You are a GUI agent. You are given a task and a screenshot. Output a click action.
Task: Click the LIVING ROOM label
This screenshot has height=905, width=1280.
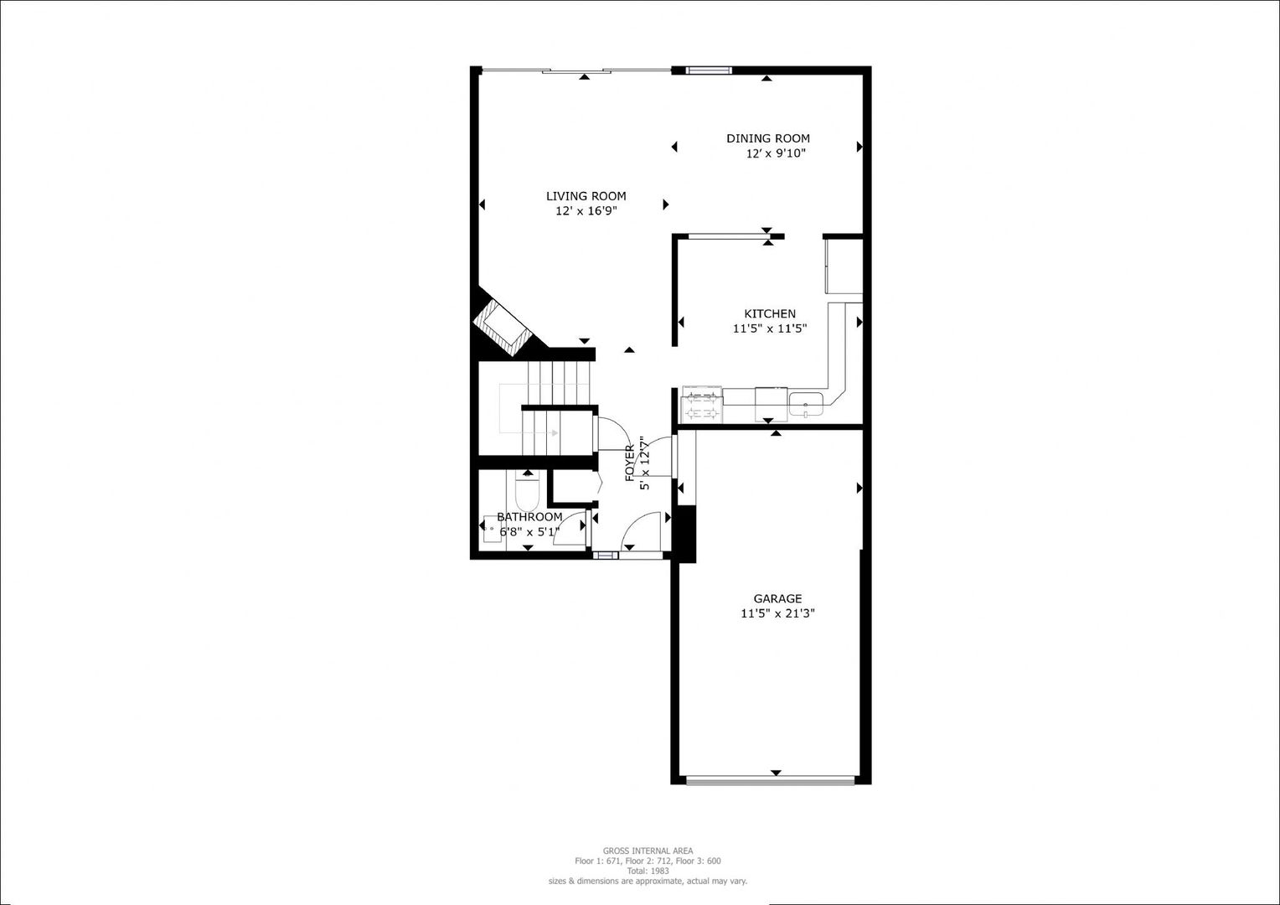pyautogui.click(x=586, y=196)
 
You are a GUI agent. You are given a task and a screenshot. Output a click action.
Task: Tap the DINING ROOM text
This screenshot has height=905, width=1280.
pyautogui.click(x=767, y=138)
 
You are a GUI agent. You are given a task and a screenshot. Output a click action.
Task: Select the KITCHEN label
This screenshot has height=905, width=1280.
pyautogui.click(x=769, y=313)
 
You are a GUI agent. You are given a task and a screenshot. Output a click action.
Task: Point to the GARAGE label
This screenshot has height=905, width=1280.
pyautogui.click(x=777, y=598)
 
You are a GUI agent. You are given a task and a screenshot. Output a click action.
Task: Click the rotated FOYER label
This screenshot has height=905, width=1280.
pyautogui.click(x=630, y=463)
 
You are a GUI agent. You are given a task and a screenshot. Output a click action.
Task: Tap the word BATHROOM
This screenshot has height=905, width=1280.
pyautogui.click(x=529, y=517)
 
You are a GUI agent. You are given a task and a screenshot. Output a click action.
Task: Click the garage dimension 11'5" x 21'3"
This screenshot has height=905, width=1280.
pyautogui.click(x=777, y=613)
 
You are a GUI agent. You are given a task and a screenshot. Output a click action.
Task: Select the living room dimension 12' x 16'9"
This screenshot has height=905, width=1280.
pyautogui.click(x=586, y=211)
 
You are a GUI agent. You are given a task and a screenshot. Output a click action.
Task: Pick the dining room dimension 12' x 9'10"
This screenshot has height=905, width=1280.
pyautogui.click(x=776, y=153)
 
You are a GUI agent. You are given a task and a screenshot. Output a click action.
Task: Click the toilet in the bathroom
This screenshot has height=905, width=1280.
pyautogui.click(x=526, y=494)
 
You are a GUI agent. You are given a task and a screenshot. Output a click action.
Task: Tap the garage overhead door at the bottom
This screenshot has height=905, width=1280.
pyautogui.click(x=770, y=781)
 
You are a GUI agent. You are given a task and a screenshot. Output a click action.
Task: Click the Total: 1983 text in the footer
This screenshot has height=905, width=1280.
pyautogui.click(x=648, y=871)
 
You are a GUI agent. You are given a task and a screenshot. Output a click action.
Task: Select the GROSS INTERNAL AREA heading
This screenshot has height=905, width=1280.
pyautogui.click(x=648, y=851)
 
